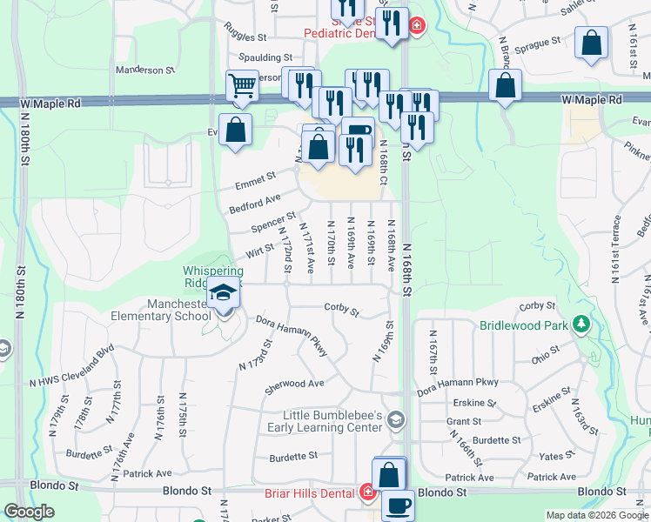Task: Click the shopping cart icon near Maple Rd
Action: (242, 85)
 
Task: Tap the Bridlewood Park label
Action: (524, 326)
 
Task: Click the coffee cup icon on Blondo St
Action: (399, 505)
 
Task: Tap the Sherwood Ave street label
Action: (295, 383)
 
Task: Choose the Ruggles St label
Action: (244, 37)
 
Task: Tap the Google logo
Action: (30, 512)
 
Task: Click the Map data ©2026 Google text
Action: (596, 515)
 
